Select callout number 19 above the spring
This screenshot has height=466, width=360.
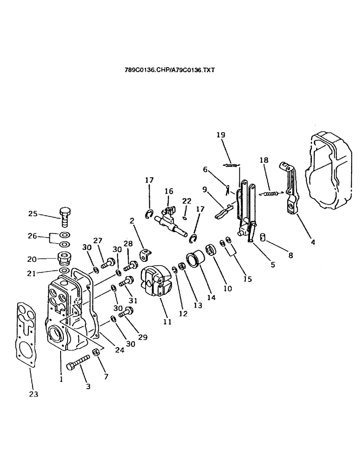(220, 135)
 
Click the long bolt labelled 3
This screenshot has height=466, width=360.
(78, 363)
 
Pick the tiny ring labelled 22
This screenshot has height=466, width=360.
(186, 218)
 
